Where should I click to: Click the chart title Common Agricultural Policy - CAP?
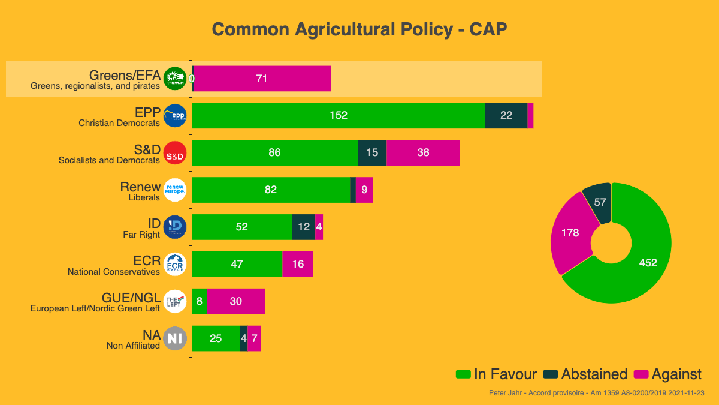pos(359,29)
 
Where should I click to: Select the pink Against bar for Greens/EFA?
pos(262,79)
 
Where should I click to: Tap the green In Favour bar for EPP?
pos(339,116)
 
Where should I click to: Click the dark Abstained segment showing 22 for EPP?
pos(506,116)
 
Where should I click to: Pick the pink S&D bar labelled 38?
pos(423,153)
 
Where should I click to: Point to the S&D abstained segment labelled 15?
pos(372,153)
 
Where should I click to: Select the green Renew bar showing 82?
pos(271,190)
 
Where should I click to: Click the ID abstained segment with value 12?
pos(304,227)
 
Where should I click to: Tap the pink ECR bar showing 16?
pos(298,265)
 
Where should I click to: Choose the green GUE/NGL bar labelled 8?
pos(199,302)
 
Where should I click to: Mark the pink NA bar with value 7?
pos(255,339)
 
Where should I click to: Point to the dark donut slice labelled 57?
pos(600,202)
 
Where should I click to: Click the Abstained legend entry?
pos(585,374)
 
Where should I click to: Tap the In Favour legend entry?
pos(497,374)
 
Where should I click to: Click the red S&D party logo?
pos(175,153)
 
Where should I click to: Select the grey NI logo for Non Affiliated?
pos(175,339)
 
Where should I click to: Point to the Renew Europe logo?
pos(175,190)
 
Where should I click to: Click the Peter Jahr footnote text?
pos(596,393)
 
